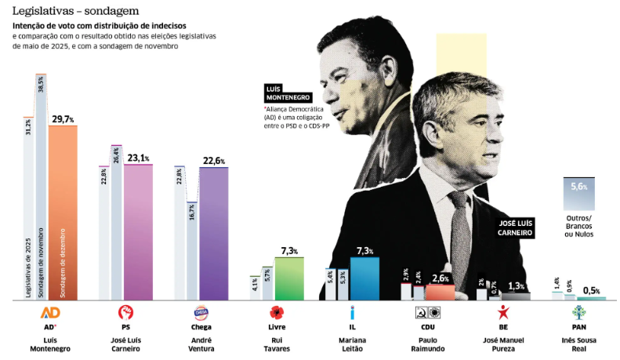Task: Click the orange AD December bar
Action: coord(63,212)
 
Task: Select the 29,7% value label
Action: coord(63,118)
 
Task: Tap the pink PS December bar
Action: coord(138,231)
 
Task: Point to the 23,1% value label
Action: coord(139,157)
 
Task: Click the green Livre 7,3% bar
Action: coord(288,278)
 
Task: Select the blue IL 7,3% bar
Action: coord(364,278)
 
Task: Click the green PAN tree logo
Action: coord(578,312)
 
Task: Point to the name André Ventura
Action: coord(201,345)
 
